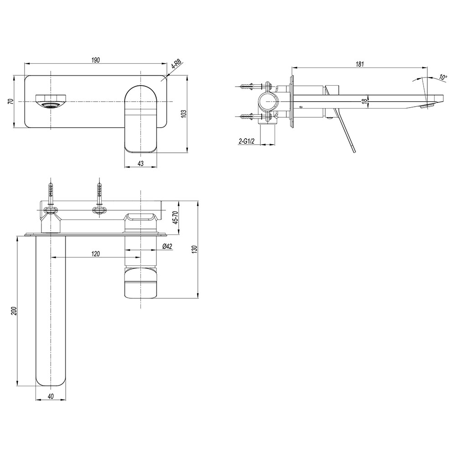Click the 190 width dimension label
tap(96, 60)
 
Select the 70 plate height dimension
tap(10, 101)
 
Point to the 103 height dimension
tap(183, 114)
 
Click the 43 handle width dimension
tap(140, 163)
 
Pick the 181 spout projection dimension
tap(360, 64)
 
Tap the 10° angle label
tap(443, 78)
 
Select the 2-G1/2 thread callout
tap(246, 141)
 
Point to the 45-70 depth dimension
tap(175, 217)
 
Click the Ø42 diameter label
tap(167, 246)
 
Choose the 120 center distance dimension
tap(95, 254)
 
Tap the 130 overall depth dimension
tap(195, 249)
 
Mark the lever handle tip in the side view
tap(354, 151)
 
